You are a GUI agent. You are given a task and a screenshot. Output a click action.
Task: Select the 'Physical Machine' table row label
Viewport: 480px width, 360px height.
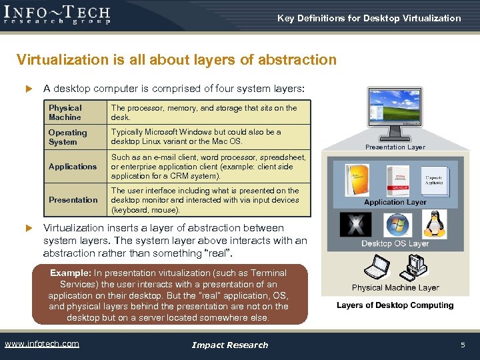[x=65, y=113]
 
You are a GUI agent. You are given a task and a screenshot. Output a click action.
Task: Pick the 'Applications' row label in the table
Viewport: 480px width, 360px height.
[x=73, y=167]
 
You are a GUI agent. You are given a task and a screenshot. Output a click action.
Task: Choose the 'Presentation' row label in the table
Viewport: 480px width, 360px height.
[x=73, y=200]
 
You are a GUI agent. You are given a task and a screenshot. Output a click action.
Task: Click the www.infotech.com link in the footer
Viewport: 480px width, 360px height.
[x=42, y=344]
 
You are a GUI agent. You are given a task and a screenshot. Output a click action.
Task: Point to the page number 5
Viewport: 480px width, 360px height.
[x=463, y=345]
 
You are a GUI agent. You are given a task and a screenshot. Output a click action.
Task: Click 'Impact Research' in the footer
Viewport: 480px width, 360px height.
[x=229, y=345]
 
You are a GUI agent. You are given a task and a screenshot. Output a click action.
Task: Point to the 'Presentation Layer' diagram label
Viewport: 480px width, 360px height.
[x=395, y=147]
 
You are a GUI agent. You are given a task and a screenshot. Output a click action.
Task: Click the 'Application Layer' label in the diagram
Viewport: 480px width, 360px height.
[x=395, y=202]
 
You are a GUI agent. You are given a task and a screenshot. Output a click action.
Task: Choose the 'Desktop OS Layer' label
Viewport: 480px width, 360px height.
[x=395, y=244]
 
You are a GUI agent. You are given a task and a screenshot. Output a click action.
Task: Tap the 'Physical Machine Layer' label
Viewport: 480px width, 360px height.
[x=395, y=288]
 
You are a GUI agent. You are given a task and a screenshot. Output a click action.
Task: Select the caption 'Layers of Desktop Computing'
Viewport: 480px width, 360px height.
[x=395, y=305]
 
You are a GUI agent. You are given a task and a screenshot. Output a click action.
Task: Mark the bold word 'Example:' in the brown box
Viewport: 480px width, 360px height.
[x=71, y=273]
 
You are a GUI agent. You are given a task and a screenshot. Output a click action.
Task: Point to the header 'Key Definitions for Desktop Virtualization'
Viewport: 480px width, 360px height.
[x=369, y=19]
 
